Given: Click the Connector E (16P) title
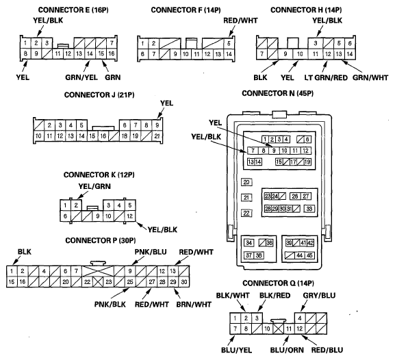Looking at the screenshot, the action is coord(73,10).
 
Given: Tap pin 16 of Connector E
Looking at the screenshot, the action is coord(112,53).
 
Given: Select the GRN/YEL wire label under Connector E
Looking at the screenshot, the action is coord(81,77).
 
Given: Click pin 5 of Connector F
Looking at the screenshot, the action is coord(229,43).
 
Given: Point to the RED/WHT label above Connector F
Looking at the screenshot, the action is coord(240,21).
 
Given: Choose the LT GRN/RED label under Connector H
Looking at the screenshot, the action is coord(326,77).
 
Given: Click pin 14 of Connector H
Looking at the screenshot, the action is coord(349,54).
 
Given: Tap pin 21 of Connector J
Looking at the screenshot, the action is coord(157,136).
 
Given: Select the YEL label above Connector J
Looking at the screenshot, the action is coord(167,103).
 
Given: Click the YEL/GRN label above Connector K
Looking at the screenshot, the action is coord(94,186).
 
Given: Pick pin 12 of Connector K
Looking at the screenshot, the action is coord(130,216).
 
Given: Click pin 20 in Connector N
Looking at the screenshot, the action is coord(246,182).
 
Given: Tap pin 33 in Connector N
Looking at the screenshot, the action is coord(309,209).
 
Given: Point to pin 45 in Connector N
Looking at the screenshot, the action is coord(309,255).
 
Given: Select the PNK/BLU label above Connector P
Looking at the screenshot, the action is coord(151,252).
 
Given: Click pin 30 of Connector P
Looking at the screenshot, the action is coord(184,282).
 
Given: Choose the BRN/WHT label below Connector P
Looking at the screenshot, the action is coord(194,305).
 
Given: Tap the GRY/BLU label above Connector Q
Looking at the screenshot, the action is coord(319,295).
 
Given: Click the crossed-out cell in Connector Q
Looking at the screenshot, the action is coord(279,329).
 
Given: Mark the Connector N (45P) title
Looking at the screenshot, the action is coord(278,94).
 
